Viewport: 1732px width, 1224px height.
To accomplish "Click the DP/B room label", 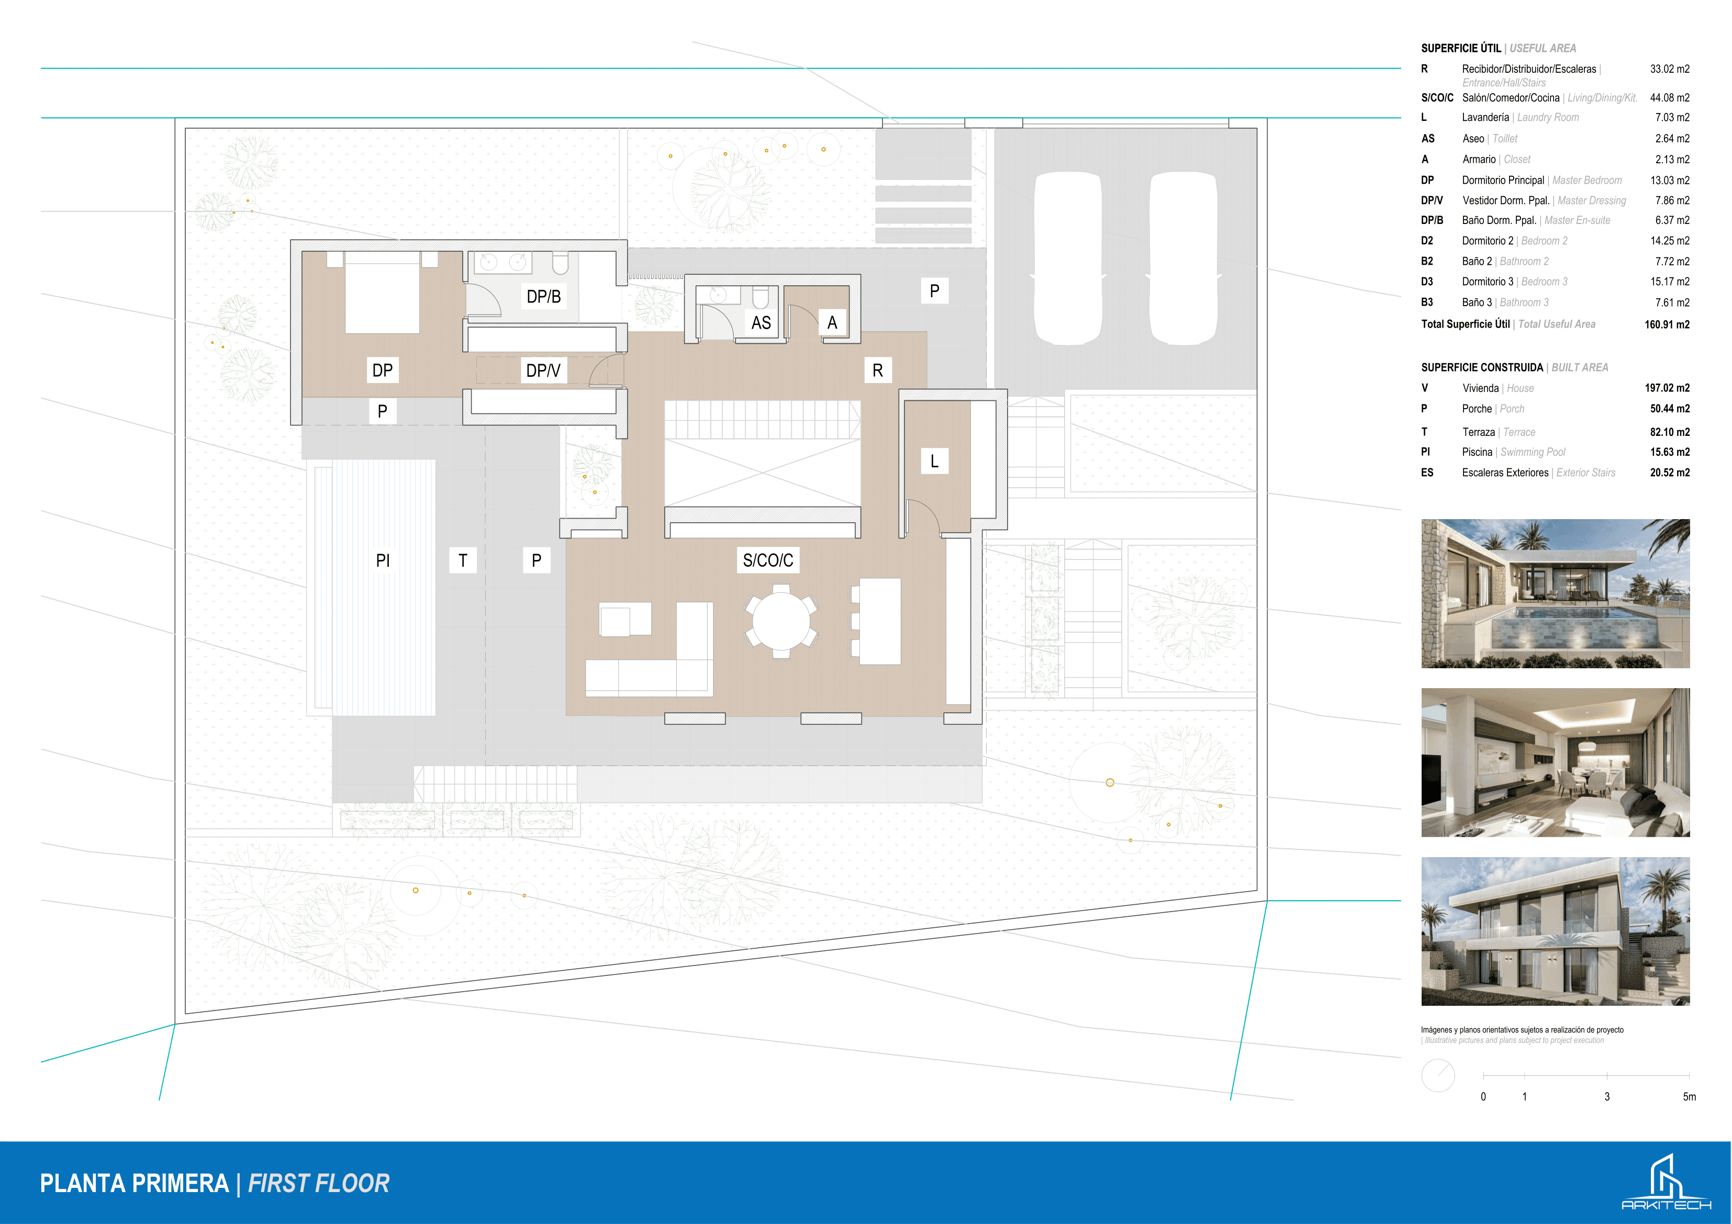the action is [543, 296].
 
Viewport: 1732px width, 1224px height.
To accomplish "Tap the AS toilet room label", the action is [761, 323].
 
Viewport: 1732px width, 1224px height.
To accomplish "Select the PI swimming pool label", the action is [383, 560].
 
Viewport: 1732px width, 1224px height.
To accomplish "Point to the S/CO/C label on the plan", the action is [768, 560].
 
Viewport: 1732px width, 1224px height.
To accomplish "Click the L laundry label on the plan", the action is [934, 461].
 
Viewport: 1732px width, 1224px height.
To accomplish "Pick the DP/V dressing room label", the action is [543, 370].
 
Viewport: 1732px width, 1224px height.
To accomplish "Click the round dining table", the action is [781, 621].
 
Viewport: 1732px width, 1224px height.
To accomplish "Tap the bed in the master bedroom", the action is [382, 293].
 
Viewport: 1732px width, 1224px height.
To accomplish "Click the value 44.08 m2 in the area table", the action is [1669, 98].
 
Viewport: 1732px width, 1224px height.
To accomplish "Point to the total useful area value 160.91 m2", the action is [1667, 324].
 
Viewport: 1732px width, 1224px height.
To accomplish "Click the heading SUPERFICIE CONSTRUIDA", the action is [1482, 367].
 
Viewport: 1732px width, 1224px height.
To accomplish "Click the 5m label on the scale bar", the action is [1689, 1096].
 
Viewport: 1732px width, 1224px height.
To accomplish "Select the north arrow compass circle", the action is [1438, 1075].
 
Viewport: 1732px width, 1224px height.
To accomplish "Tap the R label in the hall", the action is [877, 370].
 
